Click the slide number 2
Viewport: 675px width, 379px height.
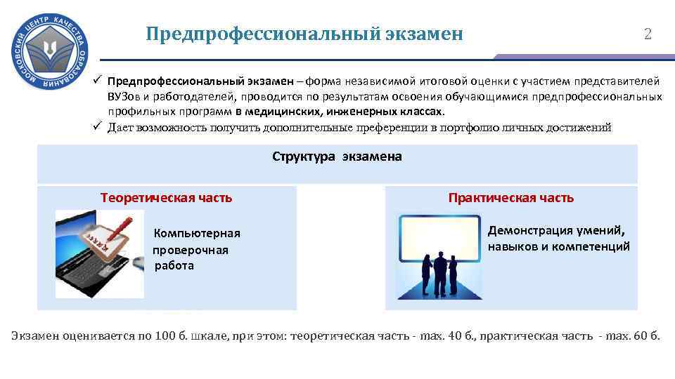648,34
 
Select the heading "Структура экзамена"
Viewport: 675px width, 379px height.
337,157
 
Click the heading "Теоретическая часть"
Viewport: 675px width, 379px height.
166,198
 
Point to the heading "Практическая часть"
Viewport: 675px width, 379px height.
511,198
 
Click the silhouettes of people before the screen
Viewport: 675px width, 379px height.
439,274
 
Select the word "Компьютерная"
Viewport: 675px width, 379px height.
198,234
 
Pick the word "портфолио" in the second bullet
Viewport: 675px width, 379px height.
477,127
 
